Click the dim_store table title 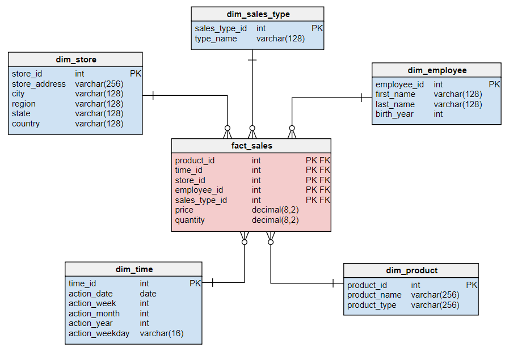point(75,60)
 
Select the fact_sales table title point(251,146)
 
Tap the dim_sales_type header point(258,14)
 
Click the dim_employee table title point(437,70)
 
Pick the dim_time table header point(134,269)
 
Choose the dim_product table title point(411,270)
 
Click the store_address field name point(39,84)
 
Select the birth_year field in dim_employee point(394,114)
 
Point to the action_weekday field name point(99,333)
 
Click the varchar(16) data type point(162,333)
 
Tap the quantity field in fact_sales point(190,220)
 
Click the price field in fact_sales point(184,210)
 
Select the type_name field point(216,39)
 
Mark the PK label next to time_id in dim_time point(195,283)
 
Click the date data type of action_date point(148,294)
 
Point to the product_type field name point(372,305)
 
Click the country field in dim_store point(26,124)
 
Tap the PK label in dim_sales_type point(317,28)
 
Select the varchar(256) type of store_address point(99,84)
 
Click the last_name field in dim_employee point(395,104)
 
